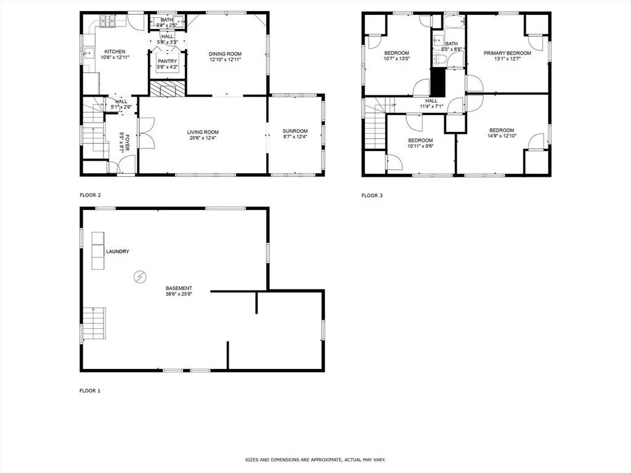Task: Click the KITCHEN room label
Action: pos(115,52)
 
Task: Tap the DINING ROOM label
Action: pos(225,54)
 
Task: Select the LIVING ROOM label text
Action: pos(203,132)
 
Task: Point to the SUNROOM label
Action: pos(295,131)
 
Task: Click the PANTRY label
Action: pos(167,61)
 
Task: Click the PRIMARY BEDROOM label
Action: pos(507,53)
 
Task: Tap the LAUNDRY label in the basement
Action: pos(118,251)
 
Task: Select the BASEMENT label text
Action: pos(179,288)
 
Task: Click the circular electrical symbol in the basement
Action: pos(140,277)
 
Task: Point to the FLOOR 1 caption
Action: pos(90,390)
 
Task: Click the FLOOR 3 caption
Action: pos(372,195)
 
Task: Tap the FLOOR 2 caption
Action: pos(90,195)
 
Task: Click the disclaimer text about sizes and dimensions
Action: pos(315,459)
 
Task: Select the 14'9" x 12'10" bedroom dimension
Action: pos(502,136)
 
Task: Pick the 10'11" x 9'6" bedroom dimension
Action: pos(420,146)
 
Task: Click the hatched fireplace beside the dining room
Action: pos(168,89)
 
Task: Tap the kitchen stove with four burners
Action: pos(107,21)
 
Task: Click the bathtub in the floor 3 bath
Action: pos(454,22)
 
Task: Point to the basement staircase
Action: pos(94,323)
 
